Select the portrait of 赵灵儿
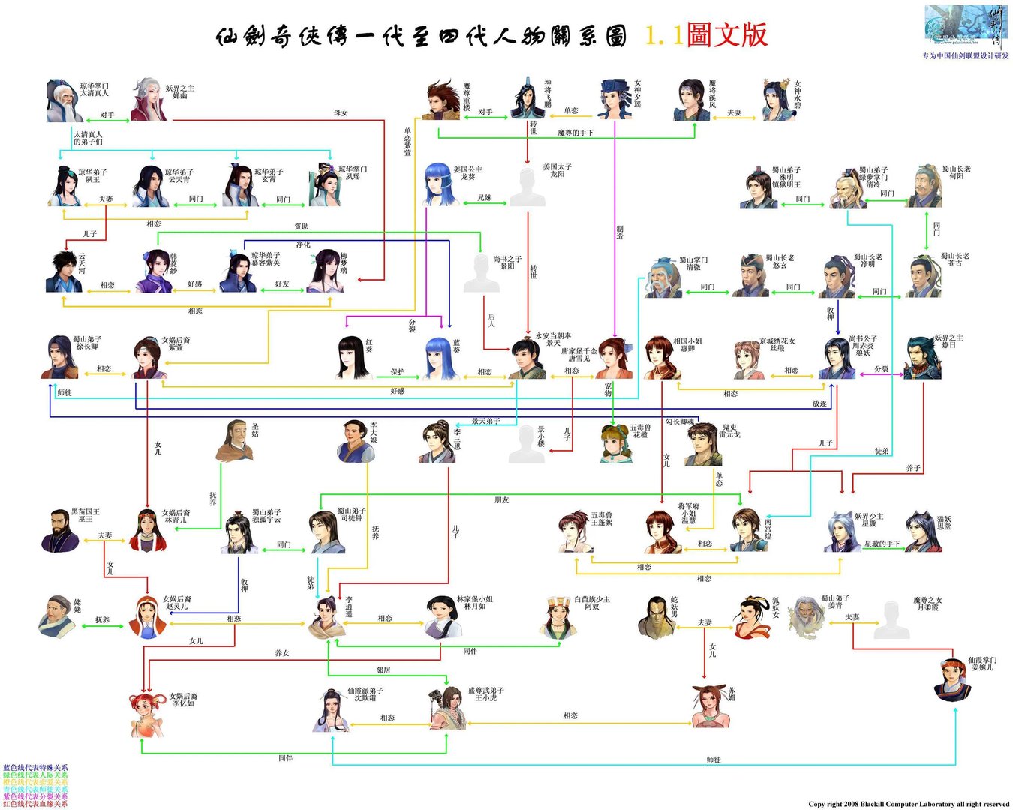[x=147, y=616]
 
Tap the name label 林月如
[x=475, y=603]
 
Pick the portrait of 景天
[x=528, y=358]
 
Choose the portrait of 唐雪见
[x=613, y=358]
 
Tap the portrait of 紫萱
[x=149, y=358]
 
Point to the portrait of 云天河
[x=64, y=271]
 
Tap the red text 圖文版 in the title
[x=726, y=35]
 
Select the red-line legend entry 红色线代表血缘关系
[x=35, y=804]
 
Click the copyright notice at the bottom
[x=909, y=804]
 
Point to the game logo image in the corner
[x=964, y=28]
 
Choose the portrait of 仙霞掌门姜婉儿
[x=952, y=679]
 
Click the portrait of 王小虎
[x=448, y=707]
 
